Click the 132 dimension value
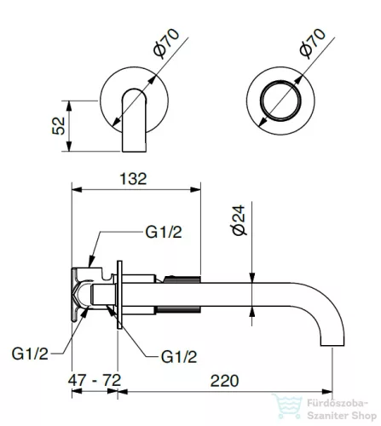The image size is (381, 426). (x=133, y=179)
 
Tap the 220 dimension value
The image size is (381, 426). (x=224, y=381)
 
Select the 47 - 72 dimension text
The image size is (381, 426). (x=95, y=380)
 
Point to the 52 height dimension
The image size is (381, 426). (x=59, y=126)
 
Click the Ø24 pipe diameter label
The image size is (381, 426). (x=239, y=221)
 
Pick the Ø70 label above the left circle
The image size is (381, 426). (x=166, y=43)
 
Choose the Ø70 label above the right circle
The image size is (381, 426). (x=313, y=43)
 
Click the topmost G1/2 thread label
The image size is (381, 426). (x=164, y=232)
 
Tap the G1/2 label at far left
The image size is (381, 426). (x=30, y=354)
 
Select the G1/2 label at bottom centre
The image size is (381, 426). (x=179, y=357)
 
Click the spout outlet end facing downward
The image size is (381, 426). (x=332, y=345)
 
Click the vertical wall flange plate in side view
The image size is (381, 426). (x=119, y=295)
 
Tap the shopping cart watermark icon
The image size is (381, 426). (x=287, y=406)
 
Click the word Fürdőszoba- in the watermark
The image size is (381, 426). (x=338, y=404)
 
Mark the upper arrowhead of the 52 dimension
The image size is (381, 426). (x=68, y=106)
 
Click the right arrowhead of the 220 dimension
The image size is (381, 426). (x=326, y=392)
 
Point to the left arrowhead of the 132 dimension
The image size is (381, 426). (x=77, y=190)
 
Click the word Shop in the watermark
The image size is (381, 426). (x=364, y=417)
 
